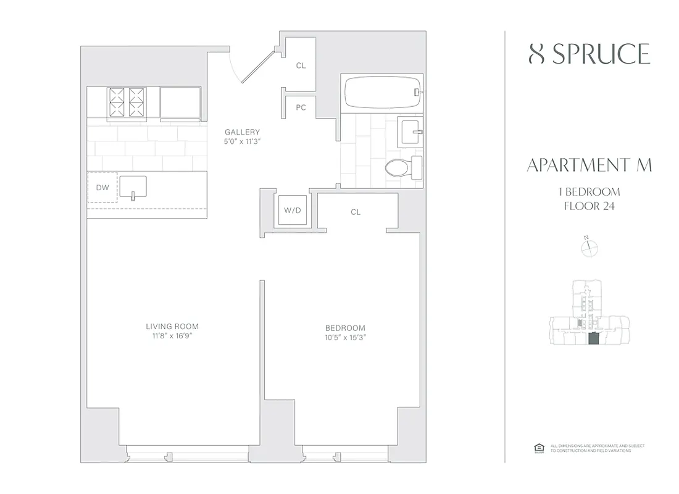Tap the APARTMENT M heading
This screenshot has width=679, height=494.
click(589, 165)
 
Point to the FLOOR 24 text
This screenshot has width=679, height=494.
click(589, 206)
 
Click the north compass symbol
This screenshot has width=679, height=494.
click(590, 248)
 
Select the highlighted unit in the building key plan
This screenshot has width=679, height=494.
click(593, 339)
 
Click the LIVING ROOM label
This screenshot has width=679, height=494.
click(172, 327)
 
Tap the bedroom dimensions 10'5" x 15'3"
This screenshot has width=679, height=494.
click(345, 338)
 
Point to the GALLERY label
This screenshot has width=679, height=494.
click(242, 132)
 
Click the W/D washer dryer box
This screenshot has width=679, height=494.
click(292, 211)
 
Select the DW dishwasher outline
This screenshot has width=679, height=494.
click(102, 188)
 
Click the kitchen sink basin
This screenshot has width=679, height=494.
click(133, 186)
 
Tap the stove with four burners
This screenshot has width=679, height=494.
click(127, 101)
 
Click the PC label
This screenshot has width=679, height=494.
click(301, 107)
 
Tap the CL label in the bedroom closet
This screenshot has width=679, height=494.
click(356, 212)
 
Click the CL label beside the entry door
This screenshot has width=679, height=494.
click(301, 65)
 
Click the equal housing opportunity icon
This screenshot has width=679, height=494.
click(536, 448)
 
